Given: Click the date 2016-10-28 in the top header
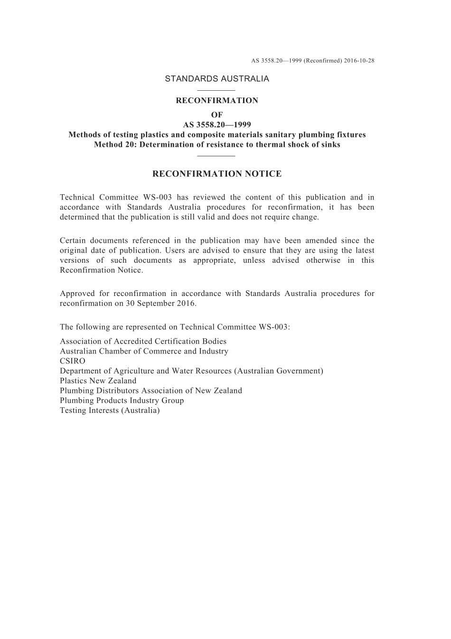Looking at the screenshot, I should click(359, 61).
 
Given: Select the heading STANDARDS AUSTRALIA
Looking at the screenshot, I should click(217, 79).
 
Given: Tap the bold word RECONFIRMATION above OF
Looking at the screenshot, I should click(217, 101).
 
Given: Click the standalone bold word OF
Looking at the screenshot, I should click(217, 115).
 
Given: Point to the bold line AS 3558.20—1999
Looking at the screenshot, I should click(217, 125).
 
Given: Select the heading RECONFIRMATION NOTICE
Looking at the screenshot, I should click(217, 174).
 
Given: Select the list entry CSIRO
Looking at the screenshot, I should click(73, 361).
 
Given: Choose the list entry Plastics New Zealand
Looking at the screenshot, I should click(98, 381).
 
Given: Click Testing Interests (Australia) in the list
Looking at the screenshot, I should click(110, 410).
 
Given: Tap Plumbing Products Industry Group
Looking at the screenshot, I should click(122, 401).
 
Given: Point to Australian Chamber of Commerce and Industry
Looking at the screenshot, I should click(144, 352).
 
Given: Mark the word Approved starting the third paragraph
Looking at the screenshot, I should click(76, 294).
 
